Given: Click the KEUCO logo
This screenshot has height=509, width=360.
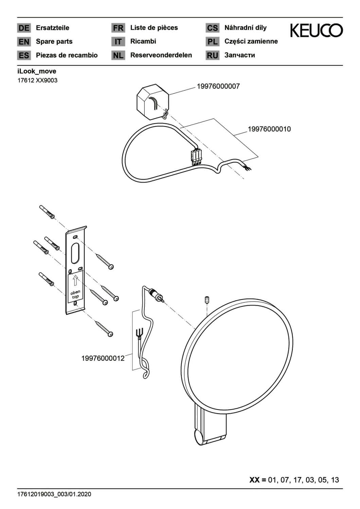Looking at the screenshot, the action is pos(316,30).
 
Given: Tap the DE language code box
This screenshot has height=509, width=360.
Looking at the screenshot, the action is pos(24,28).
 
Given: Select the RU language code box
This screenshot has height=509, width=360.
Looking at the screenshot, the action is pos(212,55).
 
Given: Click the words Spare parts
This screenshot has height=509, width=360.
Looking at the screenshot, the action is pos(54,42).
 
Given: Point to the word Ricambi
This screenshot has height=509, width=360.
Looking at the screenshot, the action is pos(143,41).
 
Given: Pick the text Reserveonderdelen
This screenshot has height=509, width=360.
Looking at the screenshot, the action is pos(161,55).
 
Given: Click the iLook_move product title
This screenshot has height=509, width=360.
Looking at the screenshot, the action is pos(37,71).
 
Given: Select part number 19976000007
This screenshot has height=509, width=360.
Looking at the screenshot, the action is pos(218,86).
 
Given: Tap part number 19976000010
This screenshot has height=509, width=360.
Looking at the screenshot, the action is pos(269,129).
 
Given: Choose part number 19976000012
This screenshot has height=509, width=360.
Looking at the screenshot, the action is pos(103,358).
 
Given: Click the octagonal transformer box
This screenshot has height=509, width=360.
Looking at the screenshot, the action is pos(152,102).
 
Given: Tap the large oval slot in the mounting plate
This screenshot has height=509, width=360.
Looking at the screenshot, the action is pos(75,253).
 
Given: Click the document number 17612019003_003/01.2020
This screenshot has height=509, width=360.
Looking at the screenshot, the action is pos(54,494).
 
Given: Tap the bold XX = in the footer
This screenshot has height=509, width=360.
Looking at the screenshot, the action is pos(258,480).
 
